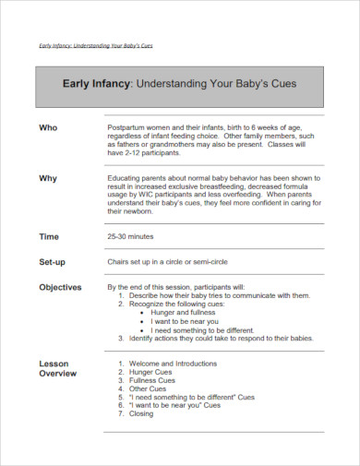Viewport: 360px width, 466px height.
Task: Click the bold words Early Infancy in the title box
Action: (97, 82)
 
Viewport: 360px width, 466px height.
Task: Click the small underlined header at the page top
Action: (96, 44)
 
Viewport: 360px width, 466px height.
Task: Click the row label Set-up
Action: (52, 262)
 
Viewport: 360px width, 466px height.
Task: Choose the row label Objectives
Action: (60, 288)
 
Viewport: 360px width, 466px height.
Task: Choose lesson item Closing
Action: (141, 413)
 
